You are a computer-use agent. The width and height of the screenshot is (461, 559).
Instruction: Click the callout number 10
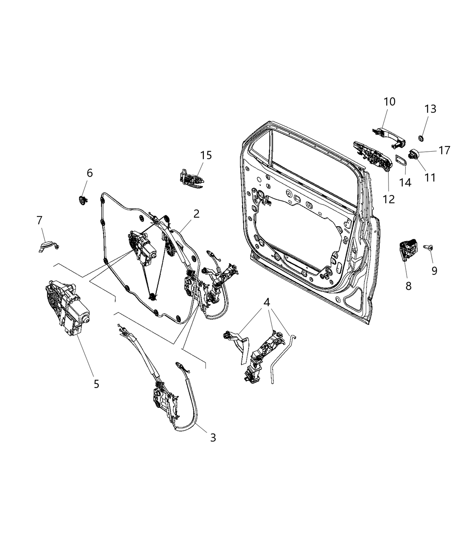coord(389,102)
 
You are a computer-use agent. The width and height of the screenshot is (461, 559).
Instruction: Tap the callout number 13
coord(430,109)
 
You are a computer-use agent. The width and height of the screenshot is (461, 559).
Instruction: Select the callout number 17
coord(444,150)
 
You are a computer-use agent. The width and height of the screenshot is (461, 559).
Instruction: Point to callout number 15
coord(206,155)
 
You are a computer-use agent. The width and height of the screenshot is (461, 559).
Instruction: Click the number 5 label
coord(96,384)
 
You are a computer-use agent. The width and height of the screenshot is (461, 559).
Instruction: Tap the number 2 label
coord(196,214)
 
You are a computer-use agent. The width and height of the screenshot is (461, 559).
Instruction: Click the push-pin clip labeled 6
coord(82,200)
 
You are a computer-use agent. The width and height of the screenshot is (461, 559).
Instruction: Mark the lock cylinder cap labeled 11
coord(415,154)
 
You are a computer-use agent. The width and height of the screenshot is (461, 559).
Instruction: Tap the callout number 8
coord(408,286)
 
